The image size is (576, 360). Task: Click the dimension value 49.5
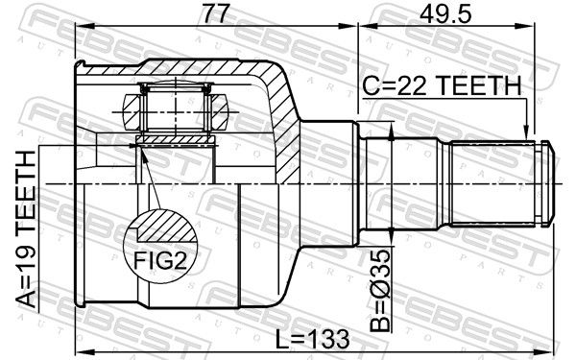click(x=445, y=14)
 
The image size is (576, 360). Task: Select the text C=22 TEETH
click(x=442, y=85)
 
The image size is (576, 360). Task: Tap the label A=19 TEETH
click(x=26, y=229)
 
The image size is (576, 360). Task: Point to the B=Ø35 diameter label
click(x=379, y=291)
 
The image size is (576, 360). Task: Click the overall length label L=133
click(x=312, y=339)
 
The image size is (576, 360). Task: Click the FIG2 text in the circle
click(x=159, y=261)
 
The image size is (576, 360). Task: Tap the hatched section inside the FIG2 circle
click(x=165, y=227)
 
